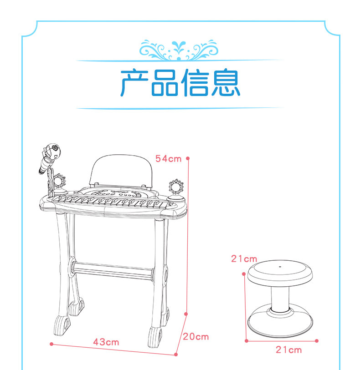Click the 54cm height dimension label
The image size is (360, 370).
coord(168,159)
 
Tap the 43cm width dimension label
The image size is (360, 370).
coord(106,342)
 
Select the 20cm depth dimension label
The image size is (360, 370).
coord(196,337)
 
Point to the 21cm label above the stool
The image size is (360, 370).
coord(244,259)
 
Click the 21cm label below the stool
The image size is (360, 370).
coord(288,350)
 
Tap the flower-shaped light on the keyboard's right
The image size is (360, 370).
coord(176,187)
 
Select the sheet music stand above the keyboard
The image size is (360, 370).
coord(121,171)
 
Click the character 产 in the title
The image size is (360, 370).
coord(134,82)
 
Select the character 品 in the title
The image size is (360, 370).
coord(165,83)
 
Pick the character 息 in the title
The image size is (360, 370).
coord(226,82)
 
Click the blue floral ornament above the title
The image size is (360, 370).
coord(179,50)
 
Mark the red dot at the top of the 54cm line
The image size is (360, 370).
coord(188,158)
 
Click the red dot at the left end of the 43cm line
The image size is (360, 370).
coord(51,344)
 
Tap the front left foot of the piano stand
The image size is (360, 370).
coord(62,326)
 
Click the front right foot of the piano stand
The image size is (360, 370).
coord(155,337)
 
